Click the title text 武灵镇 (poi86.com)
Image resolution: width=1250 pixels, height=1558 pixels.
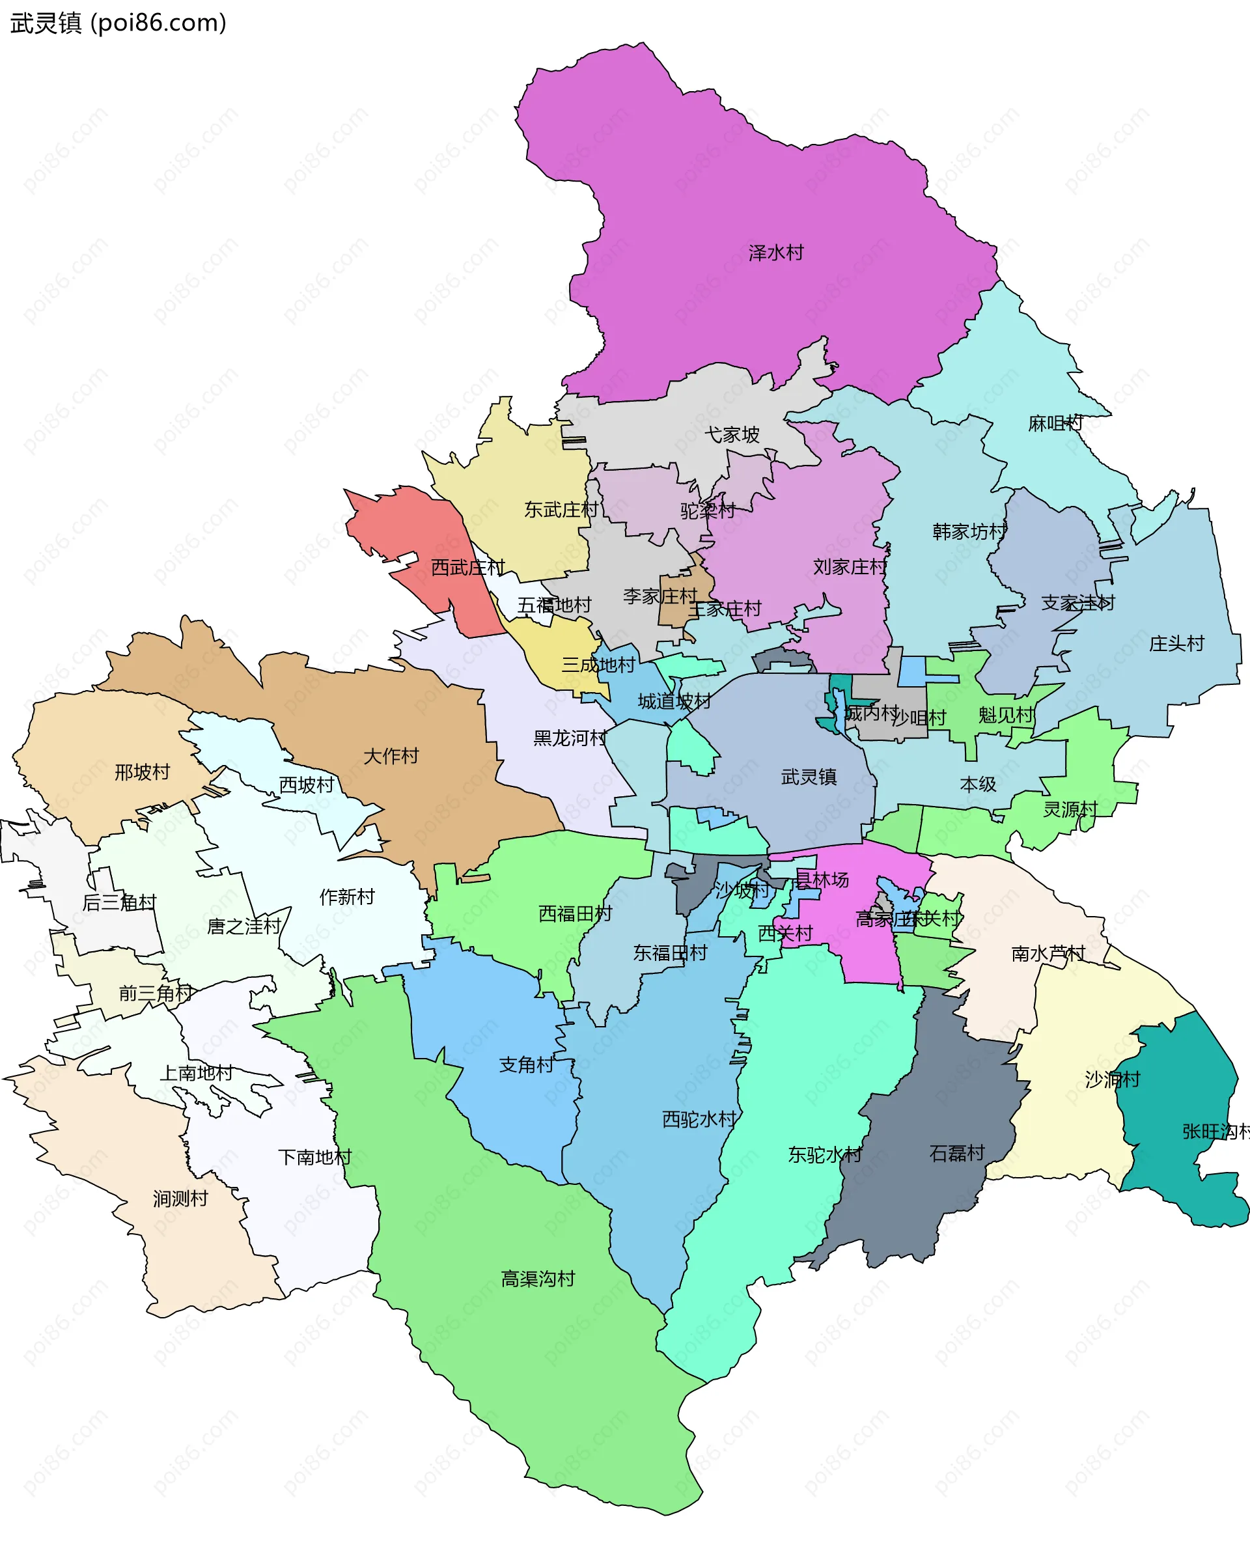point(118,23)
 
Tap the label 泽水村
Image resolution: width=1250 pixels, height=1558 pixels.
point(775,253)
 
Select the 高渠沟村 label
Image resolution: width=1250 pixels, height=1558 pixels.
point(538,1279)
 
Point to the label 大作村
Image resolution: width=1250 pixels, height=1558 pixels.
point(391,756)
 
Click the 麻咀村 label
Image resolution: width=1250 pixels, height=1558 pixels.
point(1055,423)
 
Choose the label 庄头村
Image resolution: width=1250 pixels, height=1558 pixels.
point(1176,643)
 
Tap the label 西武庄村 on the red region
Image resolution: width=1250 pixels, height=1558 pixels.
point(467,567)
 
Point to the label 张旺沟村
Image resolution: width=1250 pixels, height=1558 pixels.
point(1215,1132)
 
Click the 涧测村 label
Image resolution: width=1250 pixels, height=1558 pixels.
point(180,1199)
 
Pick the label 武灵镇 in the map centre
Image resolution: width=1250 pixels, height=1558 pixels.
point(809,777)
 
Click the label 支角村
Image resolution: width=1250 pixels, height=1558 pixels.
point(526,1064)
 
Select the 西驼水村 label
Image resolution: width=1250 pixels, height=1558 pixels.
point(699,1119)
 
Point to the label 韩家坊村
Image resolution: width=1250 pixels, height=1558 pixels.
point(969,532)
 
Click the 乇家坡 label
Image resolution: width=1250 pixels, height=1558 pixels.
point(731,434)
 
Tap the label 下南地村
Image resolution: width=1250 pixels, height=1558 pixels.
point(314,1157)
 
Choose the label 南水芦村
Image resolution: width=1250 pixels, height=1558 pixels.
point(1048,954)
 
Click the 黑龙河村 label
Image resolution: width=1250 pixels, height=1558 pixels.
point(570,738)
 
